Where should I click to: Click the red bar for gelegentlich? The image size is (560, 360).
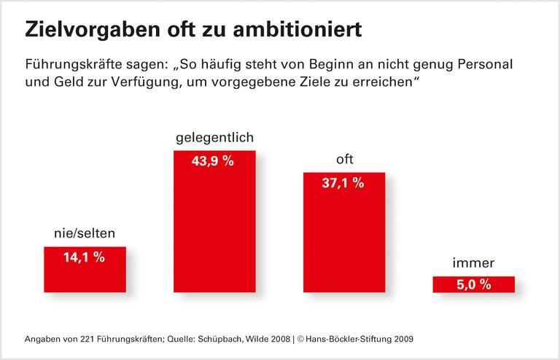coord(214,233)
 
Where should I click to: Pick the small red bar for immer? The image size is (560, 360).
coord(473,285)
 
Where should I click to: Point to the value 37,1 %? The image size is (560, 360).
coord(343,184)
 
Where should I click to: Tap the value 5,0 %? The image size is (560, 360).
coord(473,285)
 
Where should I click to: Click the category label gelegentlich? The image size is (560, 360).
coord(214,138)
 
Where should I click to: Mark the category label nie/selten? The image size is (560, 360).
coord(85,234)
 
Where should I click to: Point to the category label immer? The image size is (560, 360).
coord(473,263)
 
